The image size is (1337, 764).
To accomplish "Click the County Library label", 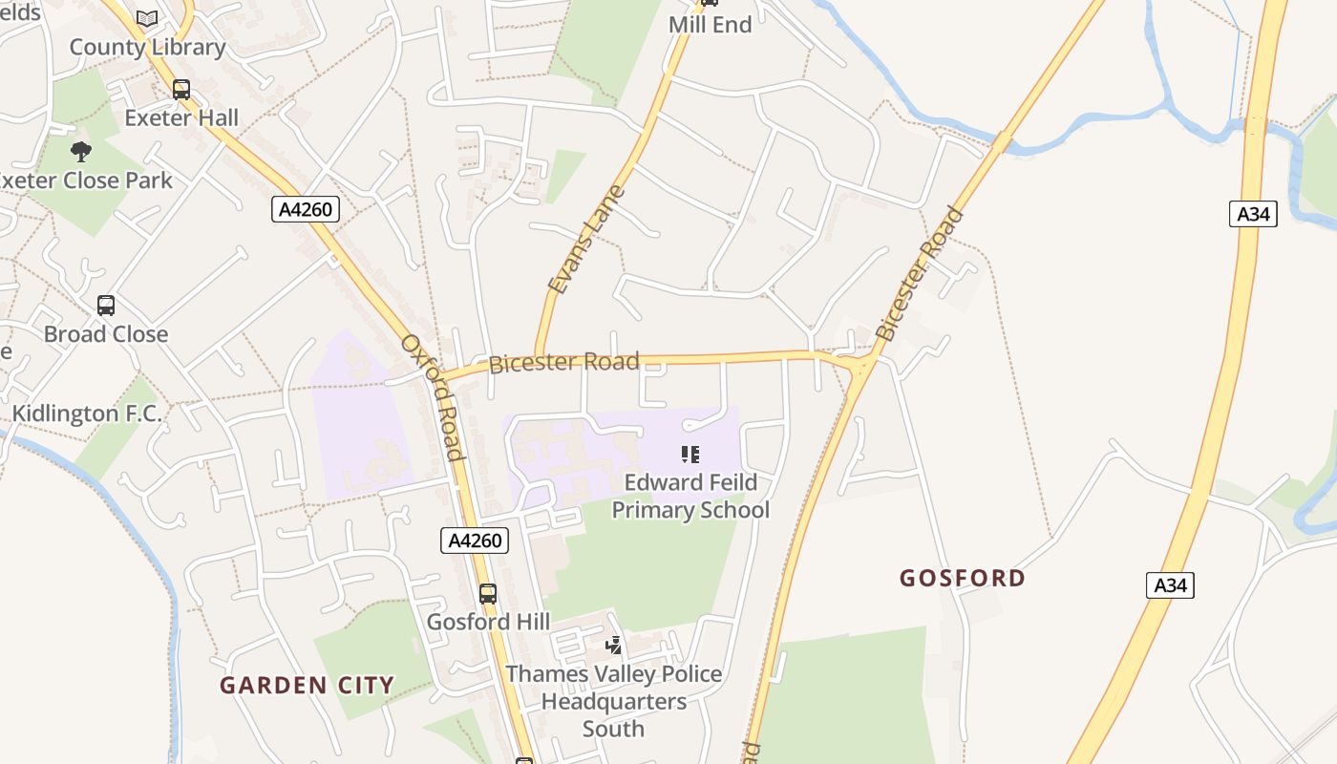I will tap(147, 47).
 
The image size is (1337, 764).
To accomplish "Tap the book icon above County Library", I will tap(147, 18).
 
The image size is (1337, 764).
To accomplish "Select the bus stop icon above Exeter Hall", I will tap(180, 90).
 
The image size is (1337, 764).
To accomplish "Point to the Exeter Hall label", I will tap(181, 118).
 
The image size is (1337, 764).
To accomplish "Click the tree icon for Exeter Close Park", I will tap(81, 151).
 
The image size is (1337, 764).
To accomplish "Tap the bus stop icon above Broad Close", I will tap(106, 306).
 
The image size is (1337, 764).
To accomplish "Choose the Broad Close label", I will tap(106, 334).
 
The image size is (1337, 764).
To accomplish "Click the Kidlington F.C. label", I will tap(87, 414).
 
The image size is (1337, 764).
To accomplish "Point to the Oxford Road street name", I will tap(433, 396).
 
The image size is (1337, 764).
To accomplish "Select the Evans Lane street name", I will tap(587, 239).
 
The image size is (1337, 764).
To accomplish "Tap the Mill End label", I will tap(711, 25).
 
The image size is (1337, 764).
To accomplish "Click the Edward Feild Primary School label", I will tap(690, 496).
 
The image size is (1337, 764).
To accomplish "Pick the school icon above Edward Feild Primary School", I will tap(690, 455).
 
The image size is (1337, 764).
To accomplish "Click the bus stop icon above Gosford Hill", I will tap(488, 594).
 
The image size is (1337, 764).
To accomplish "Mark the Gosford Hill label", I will tap(488, 622).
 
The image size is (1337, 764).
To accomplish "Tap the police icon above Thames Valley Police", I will tap(614, 647).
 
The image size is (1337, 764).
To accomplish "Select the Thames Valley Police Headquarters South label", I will tap(614, 701).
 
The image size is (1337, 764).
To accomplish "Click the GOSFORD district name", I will tap(963, 578).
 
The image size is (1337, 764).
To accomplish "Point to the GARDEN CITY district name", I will tap(307, 685).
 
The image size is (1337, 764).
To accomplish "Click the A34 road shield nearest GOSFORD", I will tap(1170, 585).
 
